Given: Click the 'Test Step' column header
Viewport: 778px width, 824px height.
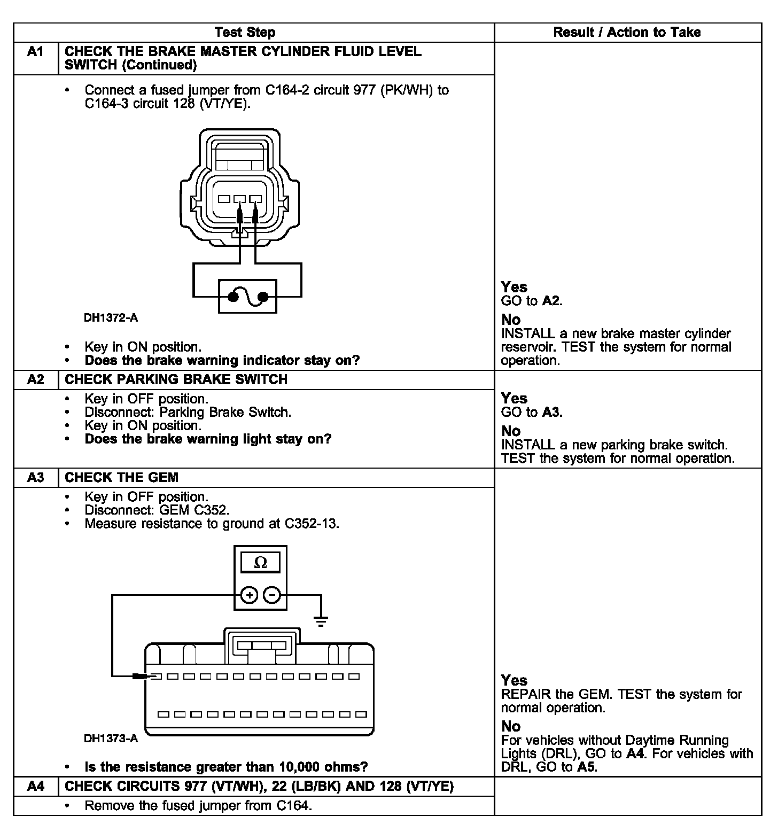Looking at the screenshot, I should click(x=245, y=32).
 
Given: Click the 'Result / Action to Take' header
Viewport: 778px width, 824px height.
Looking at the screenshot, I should click(x=627, y=32).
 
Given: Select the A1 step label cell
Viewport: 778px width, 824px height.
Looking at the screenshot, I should click(x=35, y=52).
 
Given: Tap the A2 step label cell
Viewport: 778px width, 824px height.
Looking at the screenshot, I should click(x=35, y=380).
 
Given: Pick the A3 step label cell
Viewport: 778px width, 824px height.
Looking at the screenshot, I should click(x=35, y=478).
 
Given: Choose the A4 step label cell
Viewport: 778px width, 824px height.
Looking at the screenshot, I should click(x=35, y=787).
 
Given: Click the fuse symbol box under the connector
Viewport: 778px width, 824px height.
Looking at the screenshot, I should click(x=247, y=296).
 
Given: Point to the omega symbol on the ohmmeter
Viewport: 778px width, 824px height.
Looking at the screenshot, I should click(x=260, y=563).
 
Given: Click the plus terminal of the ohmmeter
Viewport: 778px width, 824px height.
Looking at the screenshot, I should click(x=249, y=595).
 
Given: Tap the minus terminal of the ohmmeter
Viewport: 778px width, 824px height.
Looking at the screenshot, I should click(x=272, y=595).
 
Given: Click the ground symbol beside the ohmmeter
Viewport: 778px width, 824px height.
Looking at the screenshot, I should click(x=321, y=620).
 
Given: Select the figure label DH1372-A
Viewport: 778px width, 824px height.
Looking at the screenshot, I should click(x=111, y=318).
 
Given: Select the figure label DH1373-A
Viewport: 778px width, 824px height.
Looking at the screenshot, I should click(x=111, y=739).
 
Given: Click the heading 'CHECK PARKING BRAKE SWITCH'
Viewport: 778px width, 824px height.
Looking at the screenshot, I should click(x=176, y=380).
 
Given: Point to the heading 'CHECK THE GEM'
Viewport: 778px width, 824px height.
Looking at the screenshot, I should click(x=121, y=478).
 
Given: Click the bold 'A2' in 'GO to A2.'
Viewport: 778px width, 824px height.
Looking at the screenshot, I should click(x=550, y=301).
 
